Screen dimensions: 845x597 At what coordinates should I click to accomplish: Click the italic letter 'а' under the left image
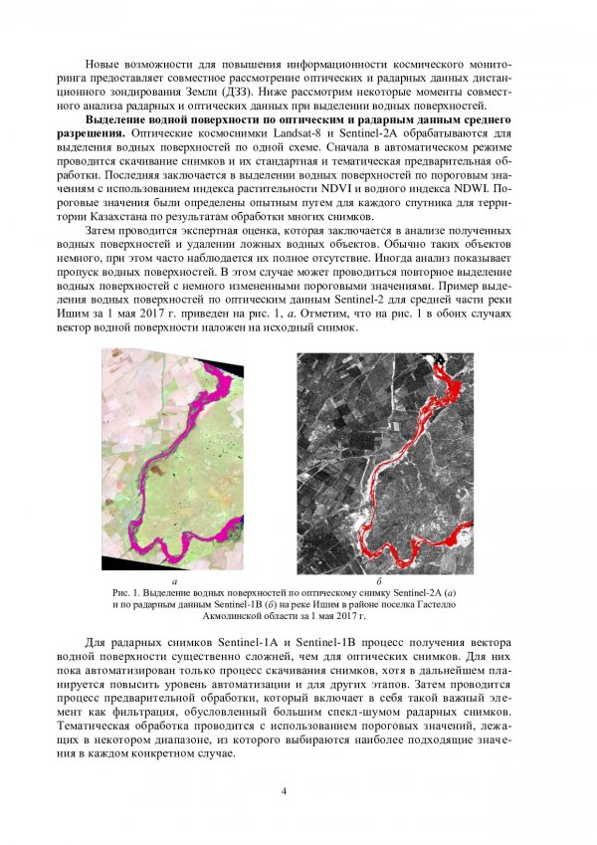(174, 578)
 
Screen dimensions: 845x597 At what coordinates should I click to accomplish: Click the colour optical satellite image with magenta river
(174, 458)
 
